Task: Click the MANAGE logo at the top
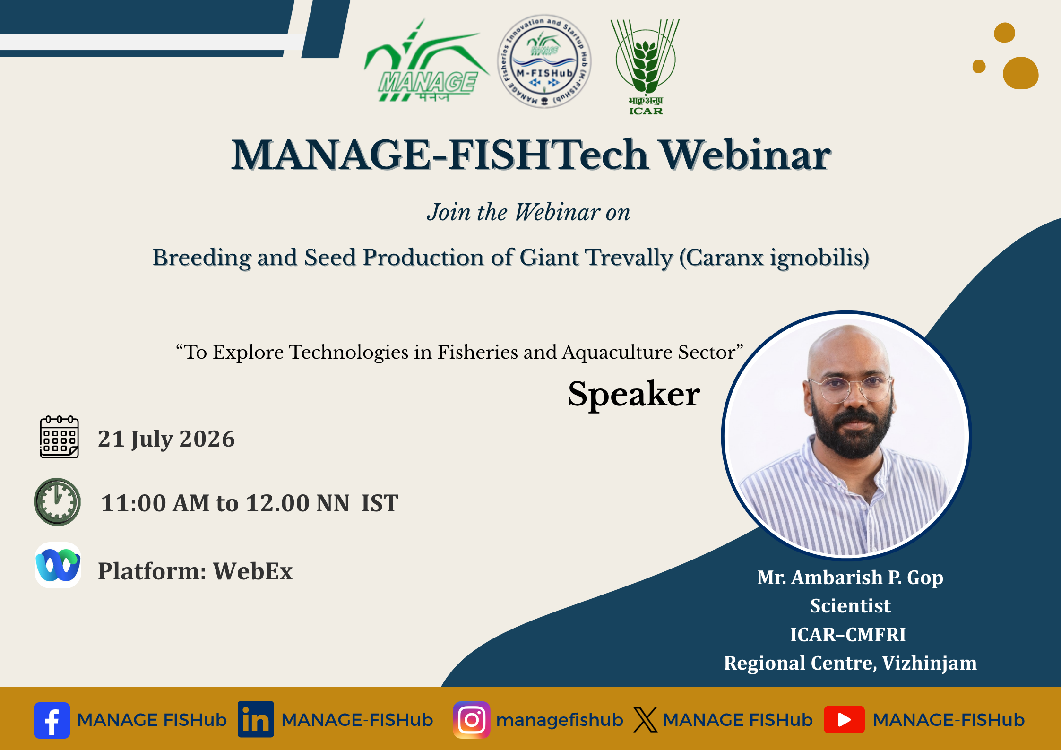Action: click(425, 61)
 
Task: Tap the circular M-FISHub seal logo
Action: click(544, 61)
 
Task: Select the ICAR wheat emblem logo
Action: click(645, 66)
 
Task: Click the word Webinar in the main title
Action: click(745, 155)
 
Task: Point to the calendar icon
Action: click(59, 437)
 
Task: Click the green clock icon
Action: click(57, 502)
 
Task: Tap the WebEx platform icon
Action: click(58, 565)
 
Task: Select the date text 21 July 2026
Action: click(166, 439)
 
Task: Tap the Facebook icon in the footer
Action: click(52, 720)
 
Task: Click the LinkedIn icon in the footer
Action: click(256, 720)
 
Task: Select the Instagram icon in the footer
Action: click(472, 720)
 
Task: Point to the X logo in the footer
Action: click(645, 720)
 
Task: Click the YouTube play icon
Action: click(844, 720)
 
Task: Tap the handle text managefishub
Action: click(560, 720)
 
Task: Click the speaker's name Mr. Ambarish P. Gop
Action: click(850, 578)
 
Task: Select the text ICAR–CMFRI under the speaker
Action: click(848, 635)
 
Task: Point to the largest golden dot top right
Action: click(1020, 73)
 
